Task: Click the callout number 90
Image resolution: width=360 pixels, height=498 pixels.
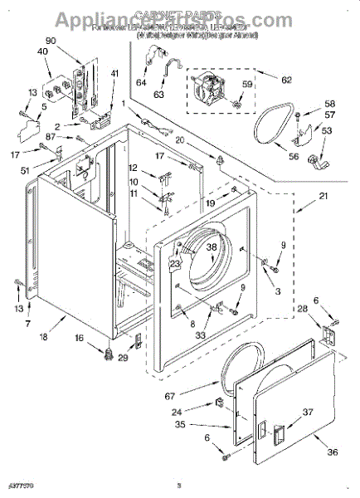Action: (x=51, y=41)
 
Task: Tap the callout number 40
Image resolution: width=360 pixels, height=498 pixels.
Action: (x=42, y=52)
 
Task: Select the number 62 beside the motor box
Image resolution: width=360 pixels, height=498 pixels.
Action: (x=287, y=81)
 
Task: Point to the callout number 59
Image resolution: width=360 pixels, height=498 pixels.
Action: (x=246, y=84)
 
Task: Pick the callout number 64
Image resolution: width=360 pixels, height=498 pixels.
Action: (x=140, y=82)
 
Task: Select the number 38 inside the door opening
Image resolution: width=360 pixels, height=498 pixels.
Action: (x=212, y=247)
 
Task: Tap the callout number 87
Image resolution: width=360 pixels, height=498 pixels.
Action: (x=51, y=136)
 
